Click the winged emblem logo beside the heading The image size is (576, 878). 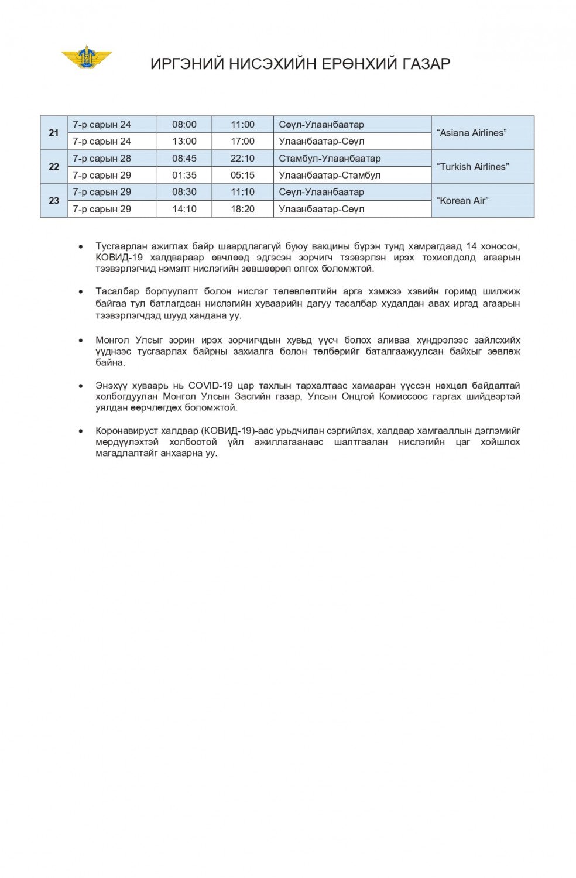click(x=87, y=57)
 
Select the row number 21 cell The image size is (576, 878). click(x=54, y=133)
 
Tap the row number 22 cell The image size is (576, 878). click(x=54, y=167)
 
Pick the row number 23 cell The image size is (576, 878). click(x=54, y=201)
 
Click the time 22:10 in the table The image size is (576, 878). click(x=242, y=159)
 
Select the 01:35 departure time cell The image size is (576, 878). click(x=184, y=175)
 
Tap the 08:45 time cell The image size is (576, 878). click(x=184, y=159)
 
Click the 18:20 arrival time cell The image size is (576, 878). click(x=242, y=209)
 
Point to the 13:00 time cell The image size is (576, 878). click(x=184, y=141)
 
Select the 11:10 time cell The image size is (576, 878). click(x=242, y=192)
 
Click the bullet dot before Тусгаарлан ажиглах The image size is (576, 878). click(x=81, y=247)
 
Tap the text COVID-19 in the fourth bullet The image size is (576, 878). click(x=210, y=386)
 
